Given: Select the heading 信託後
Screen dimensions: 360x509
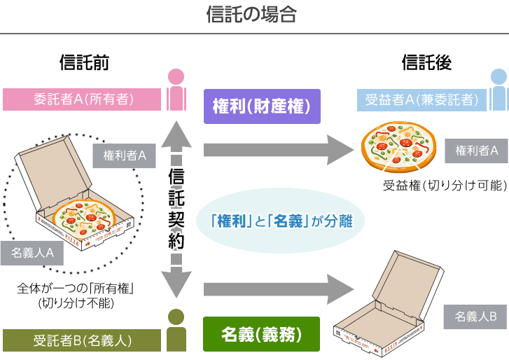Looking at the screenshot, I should pos(426,63).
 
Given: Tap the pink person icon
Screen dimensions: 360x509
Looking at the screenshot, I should pos(176,89).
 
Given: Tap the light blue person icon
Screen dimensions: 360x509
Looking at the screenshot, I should pos(498,89).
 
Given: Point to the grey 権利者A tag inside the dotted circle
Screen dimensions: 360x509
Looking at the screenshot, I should pos(124,155).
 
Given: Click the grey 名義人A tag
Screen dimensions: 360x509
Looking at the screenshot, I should pos(32,254).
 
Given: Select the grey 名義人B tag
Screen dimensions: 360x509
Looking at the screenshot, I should pos(475,316).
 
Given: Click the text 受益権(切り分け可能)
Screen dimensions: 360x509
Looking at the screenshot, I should pos(444,186).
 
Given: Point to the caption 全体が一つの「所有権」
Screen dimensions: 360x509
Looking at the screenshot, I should pos(76,288).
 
